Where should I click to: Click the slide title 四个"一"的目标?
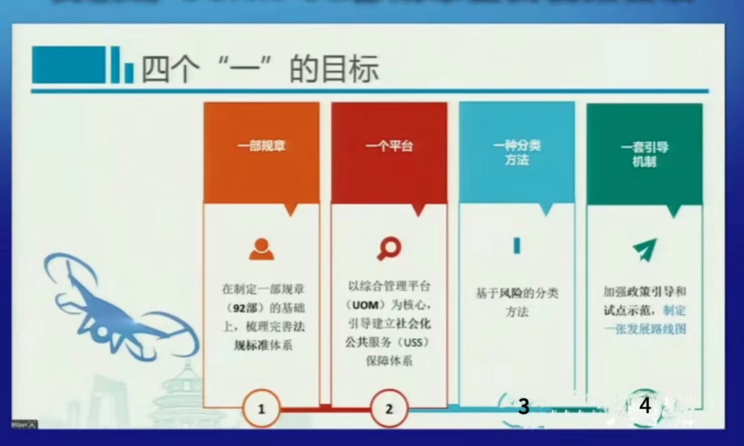(x=260, y=70)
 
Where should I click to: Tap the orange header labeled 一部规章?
(x=261, y=147)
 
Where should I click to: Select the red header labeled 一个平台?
(x=389, y=147)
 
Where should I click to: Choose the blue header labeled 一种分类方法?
(x=517, y=153)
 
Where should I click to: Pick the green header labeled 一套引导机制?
(x=644, y=154)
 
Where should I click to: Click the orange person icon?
(x=261, y=249)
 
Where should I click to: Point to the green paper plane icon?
(x=645, y=247)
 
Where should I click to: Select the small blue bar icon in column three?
(x=517, y=245)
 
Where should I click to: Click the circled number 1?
(x=261, y=409)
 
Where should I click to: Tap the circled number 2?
(x=389, y=409)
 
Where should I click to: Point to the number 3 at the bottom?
(x=524, y=407)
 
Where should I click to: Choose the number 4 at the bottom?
(x=645, y=406)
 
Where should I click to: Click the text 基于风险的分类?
(x=517, y=293)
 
